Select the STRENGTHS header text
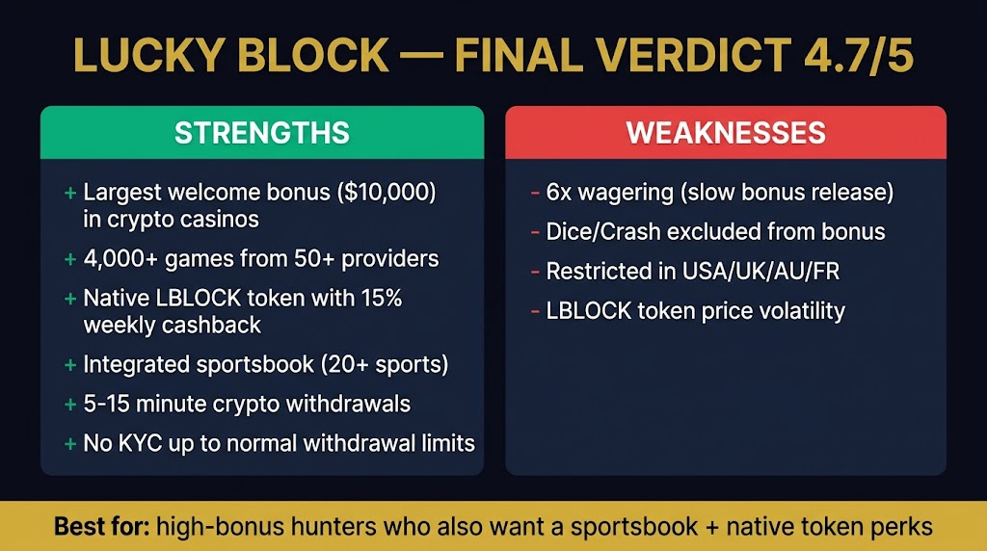[x=261, y=133]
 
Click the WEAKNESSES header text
[x=726, y=133]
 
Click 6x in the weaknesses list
[x=559, y=193]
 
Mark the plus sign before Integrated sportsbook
[x=70, y=365]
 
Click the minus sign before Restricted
[x=534, y=273]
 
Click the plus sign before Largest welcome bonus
[x=70, y=194]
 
